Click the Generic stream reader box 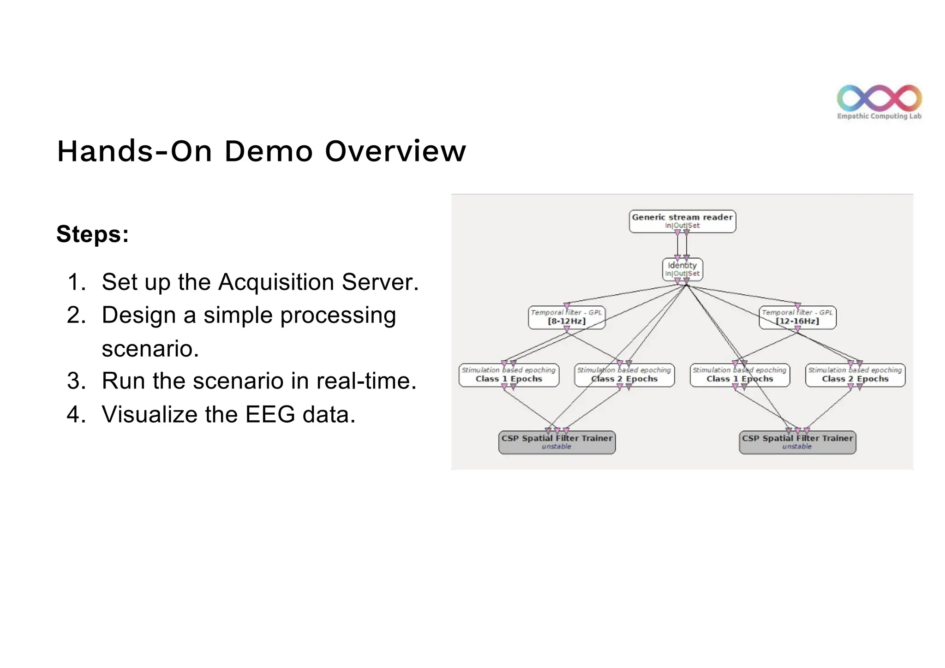click(x=682, y=221)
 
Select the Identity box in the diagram click(x=682, y=269)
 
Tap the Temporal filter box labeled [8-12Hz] click(x=566, y=317)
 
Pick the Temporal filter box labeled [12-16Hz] click(x=797, y=317)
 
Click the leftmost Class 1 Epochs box click(x=508, y=375)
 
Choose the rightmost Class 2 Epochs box click(x=855, y=375)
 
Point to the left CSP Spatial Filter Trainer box click(x=556, y=442)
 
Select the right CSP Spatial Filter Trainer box click(x=797, y=442)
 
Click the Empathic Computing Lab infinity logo click(x=879, y=98)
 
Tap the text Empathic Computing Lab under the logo click(x=879, y=116)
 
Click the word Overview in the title click(x=395, y=151)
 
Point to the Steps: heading click(x=92, y=234)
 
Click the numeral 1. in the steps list click(x=76, y=282)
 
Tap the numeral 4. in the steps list click(x=76, y=414)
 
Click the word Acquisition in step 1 click(x=276, y=282)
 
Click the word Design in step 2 click(x=138, y=316)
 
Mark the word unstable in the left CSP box click(x=556, y=447)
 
